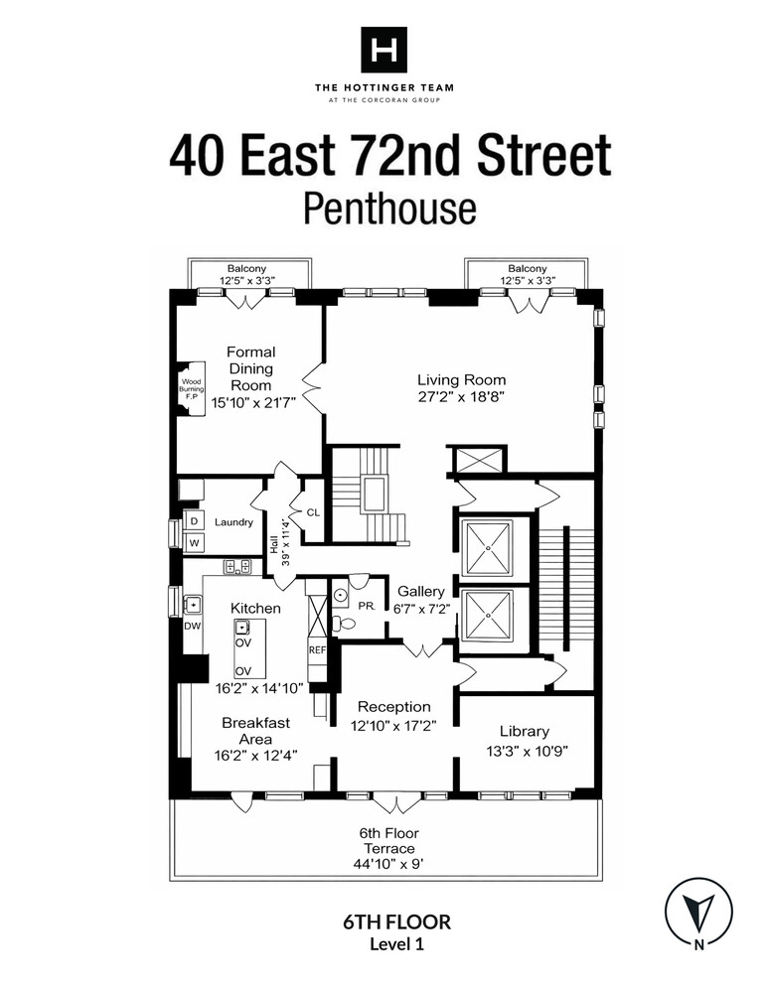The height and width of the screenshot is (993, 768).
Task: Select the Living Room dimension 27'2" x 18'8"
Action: click(x=461, y=397)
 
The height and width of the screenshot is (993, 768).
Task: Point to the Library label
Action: click(x=526, y=731)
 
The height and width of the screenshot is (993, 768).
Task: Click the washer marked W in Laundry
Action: click(x=195, y=542)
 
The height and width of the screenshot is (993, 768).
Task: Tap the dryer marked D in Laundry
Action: click(x=195, y=521)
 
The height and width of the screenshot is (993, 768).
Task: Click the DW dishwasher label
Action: click(x=191, y=626)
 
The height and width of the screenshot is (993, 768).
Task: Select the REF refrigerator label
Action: click(x=317, y=649)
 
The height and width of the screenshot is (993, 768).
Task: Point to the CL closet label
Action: click(x=311, y=513)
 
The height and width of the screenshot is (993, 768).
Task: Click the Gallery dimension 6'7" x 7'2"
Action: click(x=420, y=609)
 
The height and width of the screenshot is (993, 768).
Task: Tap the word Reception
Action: click(x=394, y=707)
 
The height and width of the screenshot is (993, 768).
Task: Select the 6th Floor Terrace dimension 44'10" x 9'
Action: click(x=387, y=864)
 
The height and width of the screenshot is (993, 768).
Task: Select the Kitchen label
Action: click(x=255, y=608)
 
